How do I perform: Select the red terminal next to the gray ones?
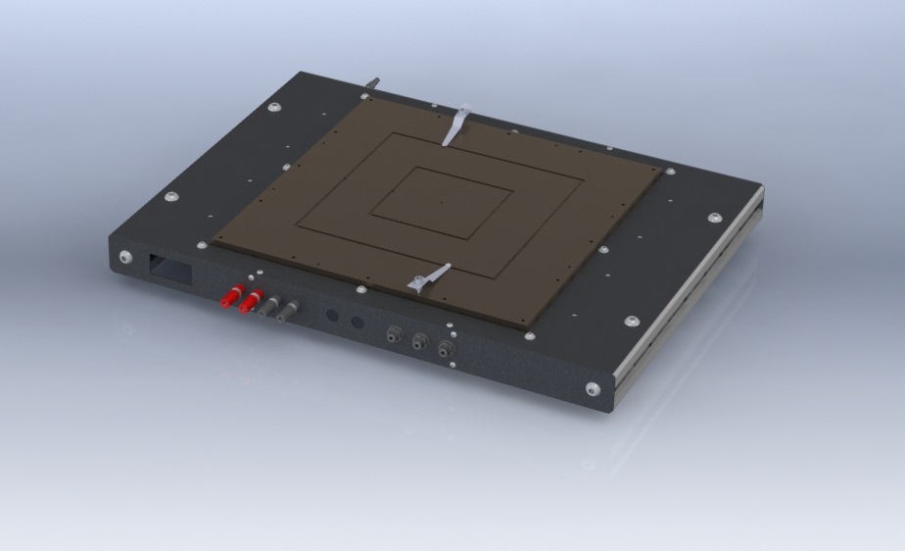(249, 301)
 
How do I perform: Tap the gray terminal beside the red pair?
(267, 307)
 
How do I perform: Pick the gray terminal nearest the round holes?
(286, 313)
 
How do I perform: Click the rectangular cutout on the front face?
(170, 266)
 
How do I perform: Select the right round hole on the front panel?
(357, 323)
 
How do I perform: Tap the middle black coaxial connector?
(419, 342)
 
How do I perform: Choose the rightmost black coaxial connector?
(446, 348)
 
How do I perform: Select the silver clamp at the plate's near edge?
(428, 279)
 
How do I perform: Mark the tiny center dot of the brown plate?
(441, 203)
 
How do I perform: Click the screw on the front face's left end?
(125, 257)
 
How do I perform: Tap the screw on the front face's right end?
(593, 389)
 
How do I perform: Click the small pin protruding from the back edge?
(372, 84)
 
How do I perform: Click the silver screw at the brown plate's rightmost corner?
(670, 172)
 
